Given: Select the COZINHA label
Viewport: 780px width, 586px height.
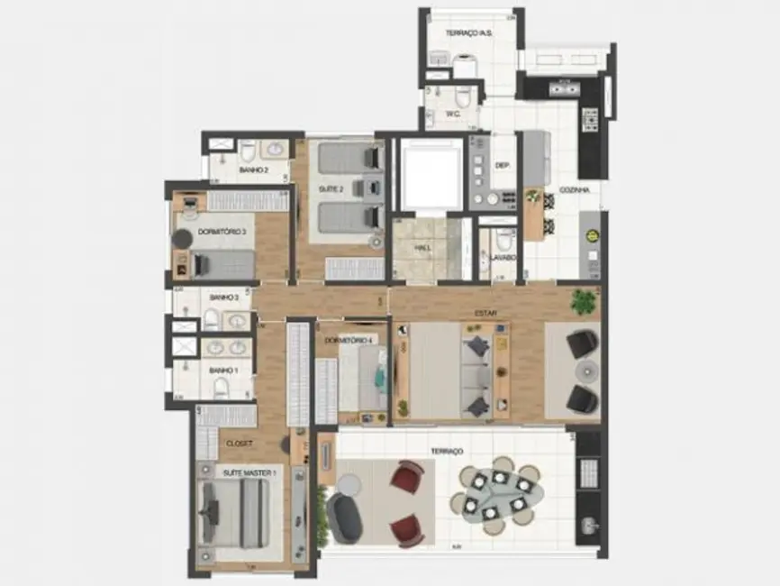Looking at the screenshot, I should click(x=575, y=190).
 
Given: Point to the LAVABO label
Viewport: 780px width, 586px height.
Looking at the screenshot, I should click(x=503, y=257).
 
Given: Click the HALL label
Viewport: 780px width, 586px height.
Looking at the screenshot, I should click(x=422, y=248).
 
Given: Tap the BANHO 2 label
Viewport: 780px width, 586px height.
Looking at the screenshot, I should click(x=252, y=169).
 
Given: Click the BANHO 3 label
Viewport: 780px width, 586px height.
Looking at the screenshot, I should click(x=223, y=297).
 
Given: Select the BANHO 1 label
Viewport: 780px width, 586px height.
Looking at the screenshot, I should click(x=223, y=370).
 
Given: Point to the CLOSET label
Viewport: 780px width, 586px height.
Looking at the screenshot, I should click(x=239, y=444).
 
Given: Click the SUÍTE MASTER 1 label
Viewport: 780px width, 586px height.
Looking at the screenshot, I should click(x=249, y=472).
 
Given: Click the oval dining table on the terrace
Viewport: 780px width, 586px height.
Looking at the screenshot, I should click(x=497, y=491).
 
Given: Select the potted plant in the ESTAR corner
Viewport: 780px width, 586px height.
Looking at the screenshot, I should click(x=585, y=300).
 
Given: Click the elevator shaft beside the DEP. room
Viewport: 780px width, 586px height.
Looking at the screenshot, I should click(x=431, y=174).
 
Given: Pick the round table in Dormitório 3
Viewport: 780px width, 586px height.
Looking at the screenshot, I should click(x=183, y=239).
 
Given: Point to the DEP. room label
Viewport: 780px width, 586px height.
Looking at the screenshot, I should click(x=503, y=165).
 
